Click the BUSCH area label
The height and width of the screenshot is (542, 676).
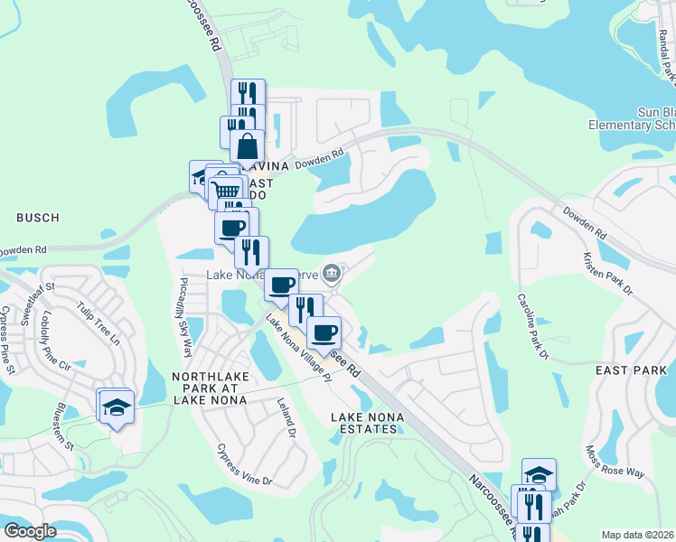tap(37, 218)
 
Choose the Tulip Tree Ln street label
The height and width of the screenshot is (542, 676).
tap(99, 323)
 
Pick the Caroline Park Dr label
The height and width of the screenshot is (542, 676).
tap(532, 326)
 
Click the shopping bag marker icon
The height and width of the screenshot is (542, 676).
tap(247, 145)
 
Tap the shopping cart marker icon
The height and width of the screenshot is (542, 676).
tap(227, 190)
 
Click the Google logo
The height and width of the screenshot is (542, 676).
tap(31, 531)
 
